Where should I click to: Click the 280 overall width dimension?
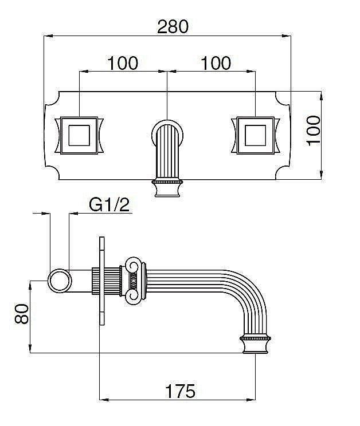(173, 26)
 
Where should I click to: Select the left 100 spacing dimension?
(123, 63)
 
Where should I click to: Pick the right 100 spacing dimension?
(216, 63)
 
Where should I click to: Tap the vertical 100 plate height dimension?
(313, 131)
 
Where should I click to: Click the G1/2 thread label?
(109, 204)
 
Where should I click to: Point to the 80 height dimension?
(21, 314)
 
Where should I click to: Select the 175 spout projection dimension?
(180, 391)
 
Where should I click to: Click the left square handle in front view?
(79, 135)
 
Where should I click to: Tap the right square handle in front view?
(255, 135)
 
